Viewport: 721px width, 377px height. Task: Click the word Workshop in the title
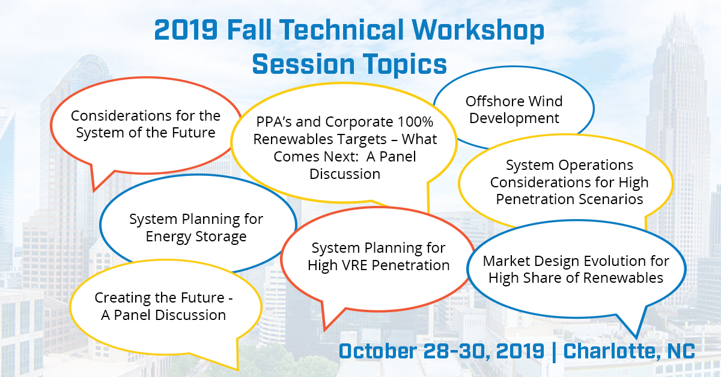pos(491,31)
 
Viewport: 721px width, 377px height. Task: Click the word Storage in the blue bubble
pos(220,237)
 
